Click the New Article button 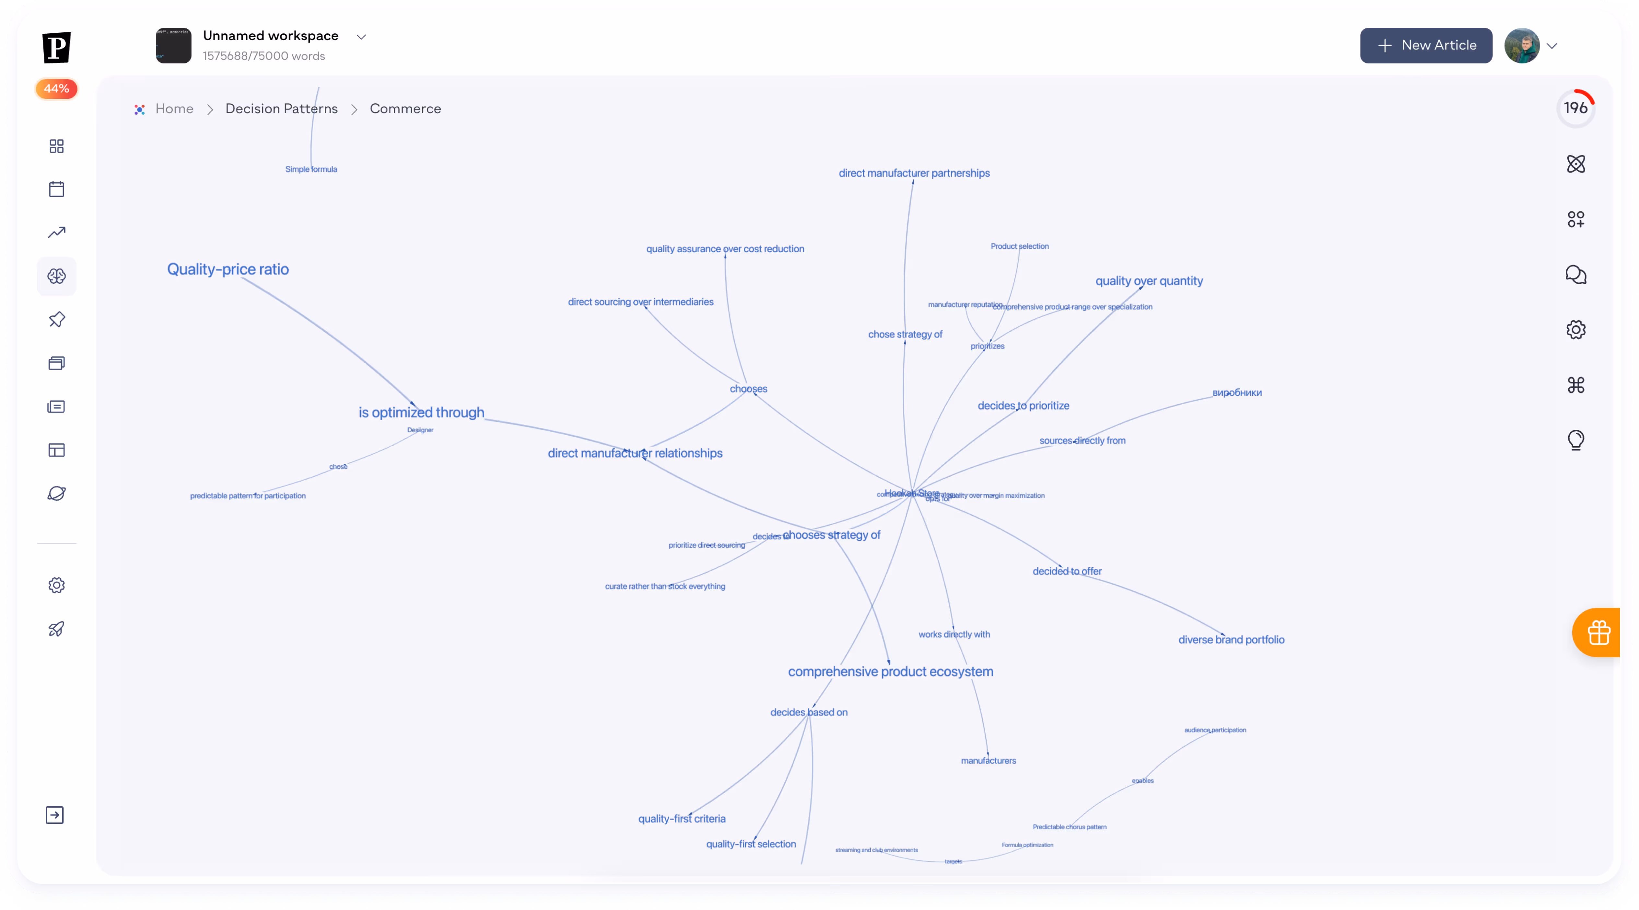(1426, 45)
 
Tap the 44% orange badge (57, 88)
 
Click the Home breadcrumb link (174, 109)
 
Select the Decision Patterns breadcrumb (281, 109)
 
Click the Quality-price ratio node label (228, 270)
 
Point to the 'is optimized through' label (421, 413)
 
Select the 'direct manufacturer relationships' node (635, 453)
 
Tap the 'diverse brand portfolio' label (1231, 640)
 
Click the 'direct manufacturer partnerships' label (914, 173)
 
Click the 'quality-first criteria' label (682, 819)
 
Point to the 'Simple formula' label (311, 169)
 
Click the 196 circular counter (1575, 108)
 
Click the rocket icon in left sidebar (57, 629)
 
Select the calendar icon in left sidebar (57, 189)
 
